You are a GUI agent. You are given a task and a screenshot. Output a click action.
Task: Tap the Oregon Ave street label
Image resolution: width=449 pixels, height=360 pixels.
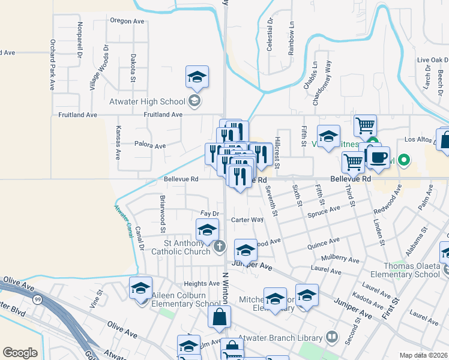[x=127, y=21]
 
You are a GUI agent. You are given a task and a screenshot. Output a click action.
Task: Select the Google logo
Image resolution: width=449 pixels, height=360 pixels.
[x=20, y=352]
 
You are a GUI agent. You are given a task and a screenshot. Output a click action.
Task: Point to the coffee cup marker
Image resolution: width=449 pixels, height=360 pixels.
[x=378, y=157]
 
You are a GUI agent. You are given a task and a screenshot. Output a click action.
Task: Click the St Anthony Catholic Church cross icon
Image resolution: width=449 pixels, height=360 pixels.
[x=220, y=246]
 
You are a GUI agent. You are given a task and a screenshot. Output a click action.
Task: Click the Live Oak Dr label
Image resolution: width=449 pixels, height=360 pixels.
[x=432, y=60]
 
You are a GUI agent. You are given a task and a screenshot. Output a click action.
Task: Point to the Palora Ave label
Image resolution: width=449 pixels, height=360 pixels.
[x=150, y=146]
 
